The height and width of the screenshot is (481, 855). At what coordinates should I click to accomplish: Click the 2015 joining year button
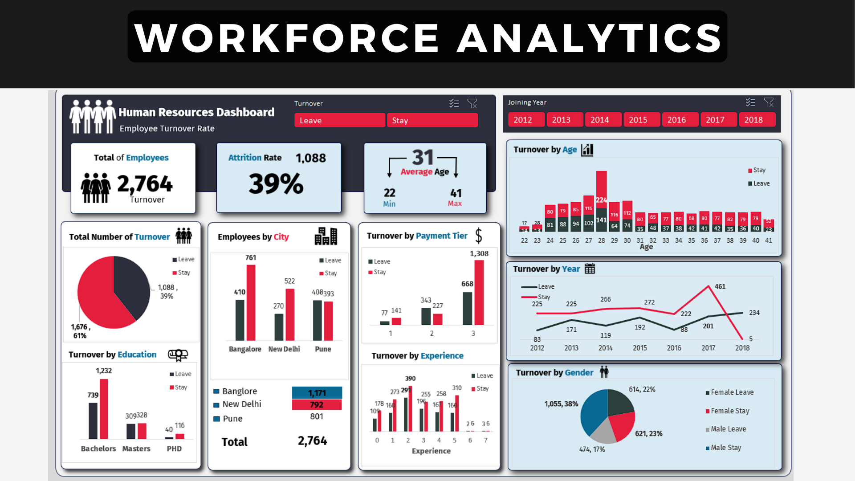[x=638, y=120]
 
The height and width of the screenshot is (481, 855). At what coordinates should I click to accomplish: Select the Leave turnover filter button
[x=339, y=120]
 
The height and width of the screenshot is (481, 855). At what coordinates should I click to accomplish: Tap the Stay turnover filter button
[x=432, y=120]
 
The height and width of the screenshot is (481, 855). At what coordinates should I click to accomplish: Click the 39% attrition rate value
[x=276, y=183]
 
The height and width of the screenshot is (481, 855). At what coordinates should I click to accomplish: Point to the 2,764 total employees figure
[x=145, y=183]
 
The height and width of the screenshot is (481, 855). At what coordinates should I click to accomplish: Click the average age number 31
[x=423, y=157]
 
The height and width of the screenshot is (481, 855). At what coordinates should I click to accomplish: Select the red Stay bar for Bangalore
[x=251, y=303]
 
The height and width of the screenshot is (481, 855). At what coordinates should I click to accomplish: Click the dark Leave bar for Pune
[x=317, y=320]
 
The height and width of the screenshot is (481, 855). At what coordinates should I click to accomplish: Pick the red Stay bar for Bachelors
[x=104, y=409]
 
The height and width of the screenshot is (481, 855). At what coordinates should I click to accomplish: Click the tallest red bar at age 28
[x=601, y=189]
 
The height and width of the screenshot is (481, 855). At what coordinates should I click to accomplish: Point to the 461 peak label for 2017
[x=720, y=286]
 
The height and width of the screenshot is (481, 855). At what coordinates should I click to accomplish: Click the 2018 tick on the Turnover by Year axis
[x=742, y=348]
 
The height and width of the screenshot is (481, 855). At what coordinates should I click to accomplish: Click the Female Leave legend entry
[x=732, y=392]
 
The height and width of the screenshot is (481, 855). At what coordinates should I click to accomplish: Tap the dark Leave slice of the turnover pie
[x=131, y=285]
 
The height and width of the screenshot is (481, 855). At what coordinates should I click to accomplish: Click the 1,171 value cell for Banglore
[x=317, y=393]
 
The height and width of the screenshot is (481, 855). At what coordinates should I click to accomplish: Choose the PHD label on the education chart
[x=174, y=448]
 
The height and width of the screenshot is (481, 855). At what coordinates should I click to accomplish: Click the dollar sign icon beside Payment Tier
[x=479, y=236]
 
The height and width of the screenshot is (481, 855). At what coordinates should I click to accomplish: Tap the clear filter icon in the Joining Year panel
[x=769, y=102]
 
